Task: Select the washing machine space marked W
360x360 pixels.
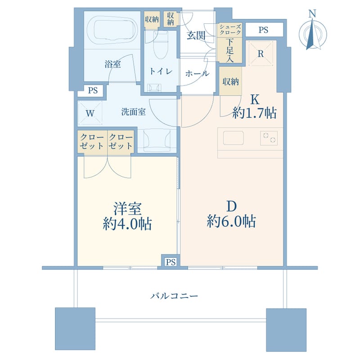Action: pos(90,113)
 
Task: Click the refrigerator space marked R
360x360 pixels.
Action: pos(261,54)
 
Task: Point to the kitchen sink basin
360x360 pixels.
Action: pos(233,138)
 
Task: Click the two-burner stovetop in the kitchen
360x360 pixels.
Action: pos(269,138)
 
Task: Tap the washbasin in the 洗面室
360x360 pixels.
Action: pos(157,140)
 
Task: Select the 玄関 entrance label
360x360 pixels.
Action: pos(196,36)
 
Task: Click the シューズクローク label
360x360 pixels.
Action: pos(230,29)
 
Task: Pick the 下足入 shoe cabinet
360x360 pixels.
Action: pos(229,50)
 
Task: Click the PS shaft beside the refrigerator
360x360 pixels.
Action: pos(264,30)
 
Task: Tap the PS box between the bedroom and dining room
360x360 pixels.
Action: pos(171,261)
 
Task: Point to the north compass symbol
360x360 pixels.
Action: pos(312,32)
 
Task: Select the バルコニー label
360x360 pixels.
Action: pos(174,296)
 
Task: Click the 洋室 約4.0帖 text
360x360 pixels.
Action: pos(127,216)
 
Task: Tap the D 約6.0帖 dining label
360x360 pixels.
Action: pos(231,214)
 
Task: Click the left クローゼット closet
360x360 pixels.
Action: pos(92,142)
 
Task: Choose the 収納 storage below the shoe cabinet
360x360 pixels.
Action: pos(230,81)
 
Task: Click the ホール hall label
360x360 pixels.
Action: pos(197,73)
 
